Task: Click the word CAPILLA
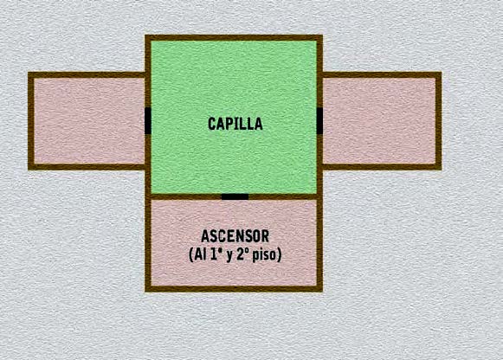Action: (235, 124)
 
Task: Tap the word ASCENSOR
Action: (235, 236)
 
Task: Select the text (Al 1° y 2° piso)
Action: (235, 254)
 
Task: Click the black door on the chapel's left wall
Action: (148, 121)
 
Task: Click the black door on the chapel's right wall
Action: (319, 121)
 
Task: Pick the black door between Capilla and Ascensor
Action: (235, 196)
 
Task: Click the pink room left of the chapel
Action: (89, 121)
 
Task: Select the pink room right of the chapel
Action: (379, 121)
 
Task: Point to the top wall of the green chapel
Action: (234, 38)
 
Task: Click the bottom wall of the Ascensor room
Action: (234, 288)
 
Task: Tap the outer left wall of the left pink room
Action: (31, 121)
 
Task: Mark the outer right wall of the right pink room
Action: (439, 121)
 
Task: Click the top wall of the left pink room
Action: (87, 75)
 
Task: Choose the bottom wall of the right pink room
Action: (382, 167)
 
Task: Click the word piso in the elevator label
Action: (267, 255)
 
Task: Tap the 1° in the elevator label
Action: (215, 254)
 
